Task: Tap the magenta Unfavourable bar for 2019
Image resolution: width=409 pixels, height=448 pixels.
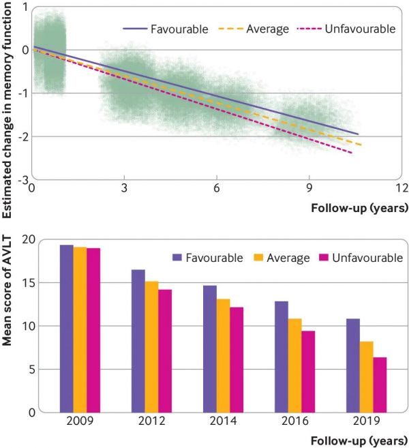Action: click(380, 385)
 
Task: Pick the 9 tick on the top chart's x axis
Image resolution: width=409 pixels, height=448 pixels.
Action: click(309, 189)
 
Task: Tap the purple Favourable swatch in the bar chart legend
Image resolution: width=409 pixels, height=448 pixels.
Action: click(177, 258)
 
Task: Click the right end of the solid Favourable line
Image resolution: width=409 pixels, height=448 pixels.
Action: click(357, 134)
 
